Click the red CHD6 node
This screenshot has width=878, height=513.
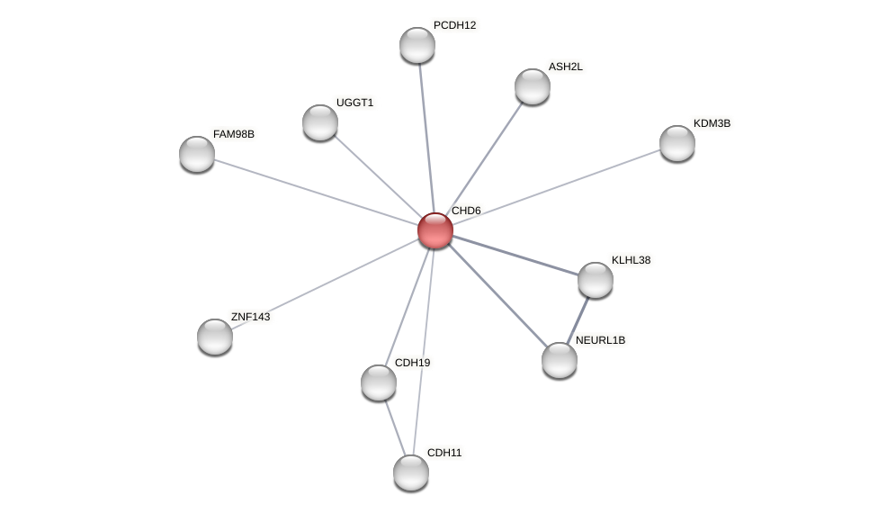[435, 230]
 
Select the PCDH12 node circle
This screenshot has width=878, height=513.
[417, 45]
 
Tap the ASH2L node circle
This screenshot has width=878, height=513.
[533, 86]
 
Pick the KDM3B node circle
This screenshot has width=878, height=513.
[677, 143]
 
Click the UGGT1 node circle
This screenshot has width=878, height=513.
[320, 122]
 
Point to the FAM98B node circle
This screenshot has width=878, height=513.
[197, 154]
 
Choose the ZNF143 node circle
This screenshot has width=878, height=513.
[215, 337]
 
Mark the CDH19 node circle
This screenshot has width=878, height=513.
[379, 382]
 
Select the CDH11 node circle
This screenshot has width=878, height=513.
[411, 472]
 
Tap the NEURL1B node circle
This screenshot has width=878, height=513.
[560, 360]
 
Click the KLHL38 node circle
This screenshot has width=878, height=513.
[596, 280]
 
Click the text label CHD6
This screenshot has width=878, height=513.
[466, 211]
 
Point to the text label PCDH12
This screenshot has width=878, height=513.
[454, 25]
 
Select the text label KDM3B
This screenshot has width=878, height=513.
[712, 123]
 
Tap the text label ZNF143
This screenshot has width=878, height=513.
[250, 317]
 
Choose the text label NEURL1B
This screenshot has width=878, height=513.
[600, 340]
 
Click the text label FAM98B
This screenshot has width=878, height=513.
[234, 134]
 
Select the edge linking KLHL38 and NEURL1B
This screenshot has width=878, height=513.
[578, 319]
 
